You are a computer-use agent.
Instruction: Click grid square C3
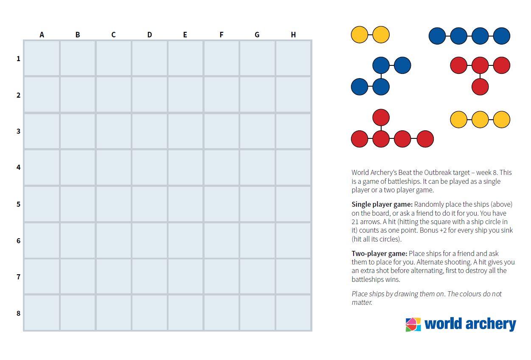coord(113,131)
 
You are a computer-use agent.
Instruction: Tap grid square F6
coord(221,240)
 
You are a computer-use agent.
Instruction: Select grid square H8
coord(293,313)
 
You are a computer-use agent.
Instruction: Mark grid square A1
coord(42,58)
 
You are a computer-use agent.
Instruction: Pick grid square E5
coord(185,204)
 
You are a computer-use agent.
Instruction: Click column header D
coord(149,35)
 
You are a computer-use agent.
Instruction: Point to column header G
coord(257,35)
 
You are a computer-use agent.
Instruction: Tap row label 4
coord(18,167)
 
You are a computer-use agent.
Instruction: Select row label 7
coord(18,277)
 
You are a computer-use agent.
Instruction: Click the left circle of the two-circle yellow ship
coord(360,35)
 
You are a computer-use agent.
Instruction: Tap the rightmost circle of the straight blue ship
coord(501,36)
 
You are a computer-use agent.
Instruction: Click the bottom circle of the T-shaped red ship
coord(480,87)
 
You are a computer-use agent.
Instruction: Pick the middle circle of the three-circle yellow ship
coord(480,119)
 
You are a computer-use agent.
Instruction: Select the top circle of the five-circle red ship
coord(381,117)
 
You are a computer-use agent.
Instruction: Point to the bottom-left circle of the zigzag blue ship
coord(360,87)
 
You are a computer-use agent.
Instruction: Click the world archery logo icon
coord(413,324)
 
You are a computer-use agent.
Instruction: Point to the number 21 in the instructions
coord(356,222)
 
